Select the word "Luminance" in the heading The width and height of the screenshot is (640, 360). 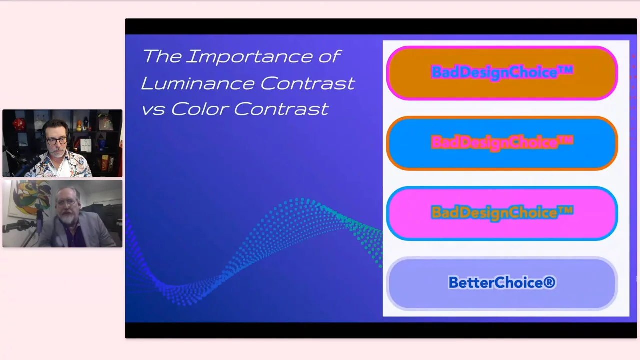point(197,83)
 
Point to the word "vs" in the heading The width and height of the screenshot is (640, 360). point(153,110)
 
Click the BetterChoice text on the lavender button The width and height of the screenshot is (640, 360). point(502,282)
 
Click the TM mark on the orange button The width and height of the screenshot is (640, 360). point(565,70)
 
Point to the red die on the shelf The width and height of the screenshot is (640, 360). point(19,124)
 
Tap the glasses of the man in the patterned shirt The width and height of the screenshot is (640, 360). point(57,141)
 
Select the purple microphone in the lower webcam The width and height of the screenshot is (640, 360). point(39,223)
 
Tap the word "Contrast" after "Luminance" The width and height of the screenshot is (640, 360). point(307,83)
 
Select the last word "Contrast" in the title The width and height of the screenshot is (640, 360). point(281,109)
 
